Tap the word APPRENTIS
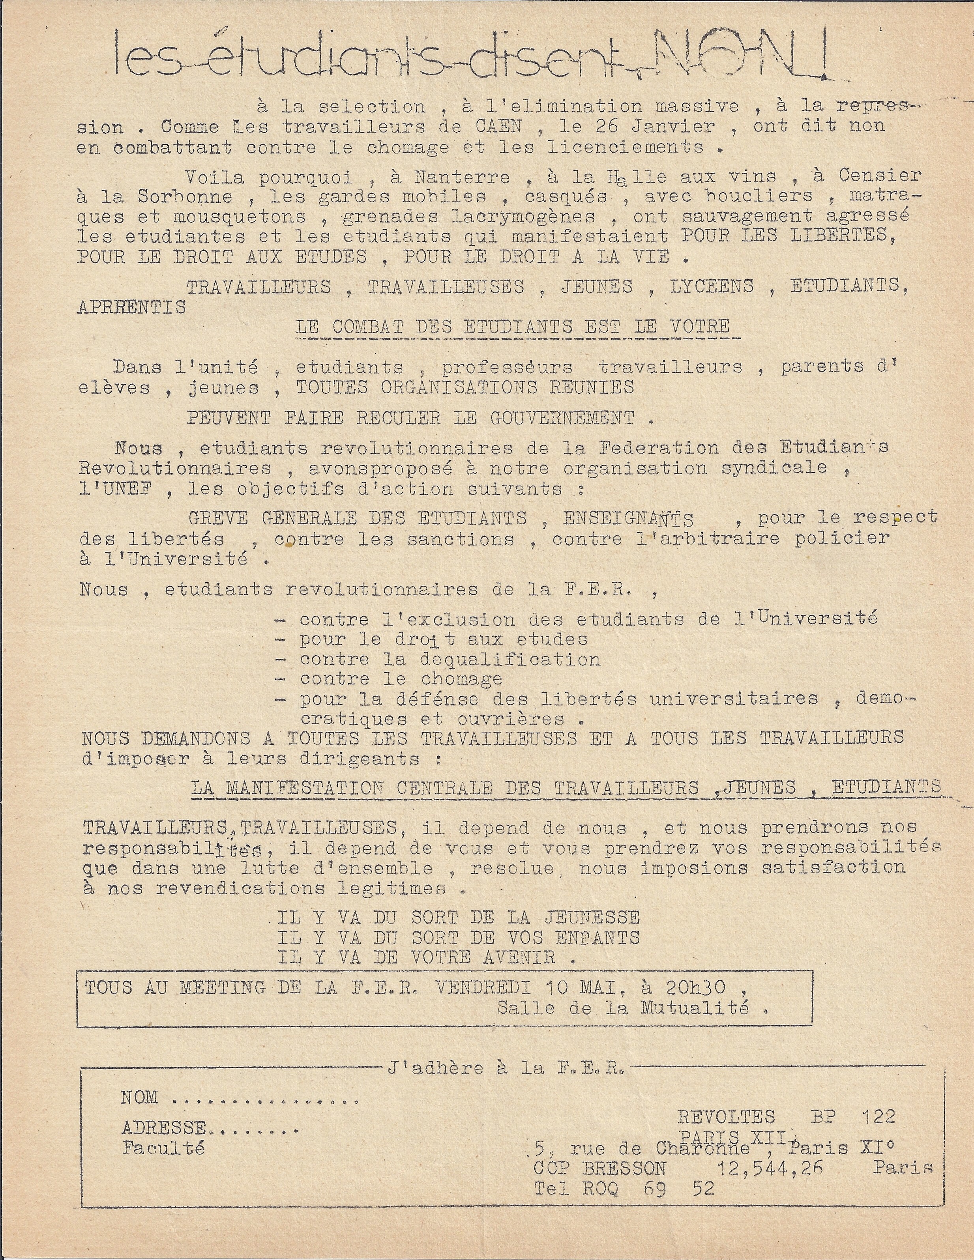click(131, 307)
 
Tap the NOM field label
click(139, 1097)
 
